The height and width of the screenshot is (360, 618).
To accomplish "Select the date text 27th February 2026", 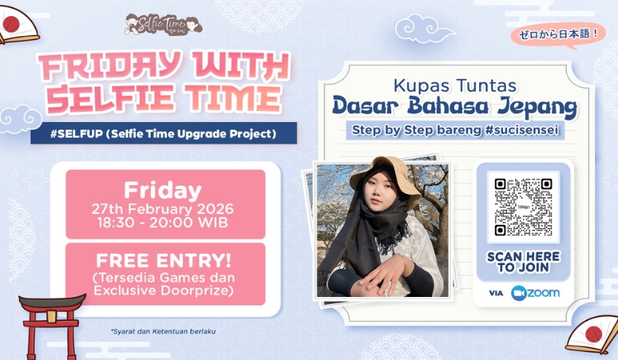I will click(x=162, y=208).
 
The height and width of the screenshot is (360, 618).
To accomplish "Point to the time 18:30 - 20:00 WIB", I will click(x=162, y=223).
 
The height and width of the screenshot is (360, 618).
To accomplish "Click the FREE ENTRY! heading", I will click(x=164, y=260).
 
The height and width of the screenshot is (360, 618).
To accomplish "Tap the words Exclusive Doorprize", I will click(x=164, y=291).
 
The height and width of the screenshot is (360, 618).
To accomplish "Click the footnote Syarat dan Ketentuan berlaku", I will click(x=163, y=331).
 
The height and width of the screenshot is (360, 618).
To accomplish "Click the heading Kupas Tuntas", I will click(x=455, y=85).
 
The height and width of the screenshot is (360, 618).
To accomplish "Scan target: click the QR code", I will click(x=523, y=207).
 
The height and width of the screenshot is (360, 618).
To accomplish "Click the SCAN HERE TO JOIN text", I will click(x=523, y=262).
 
